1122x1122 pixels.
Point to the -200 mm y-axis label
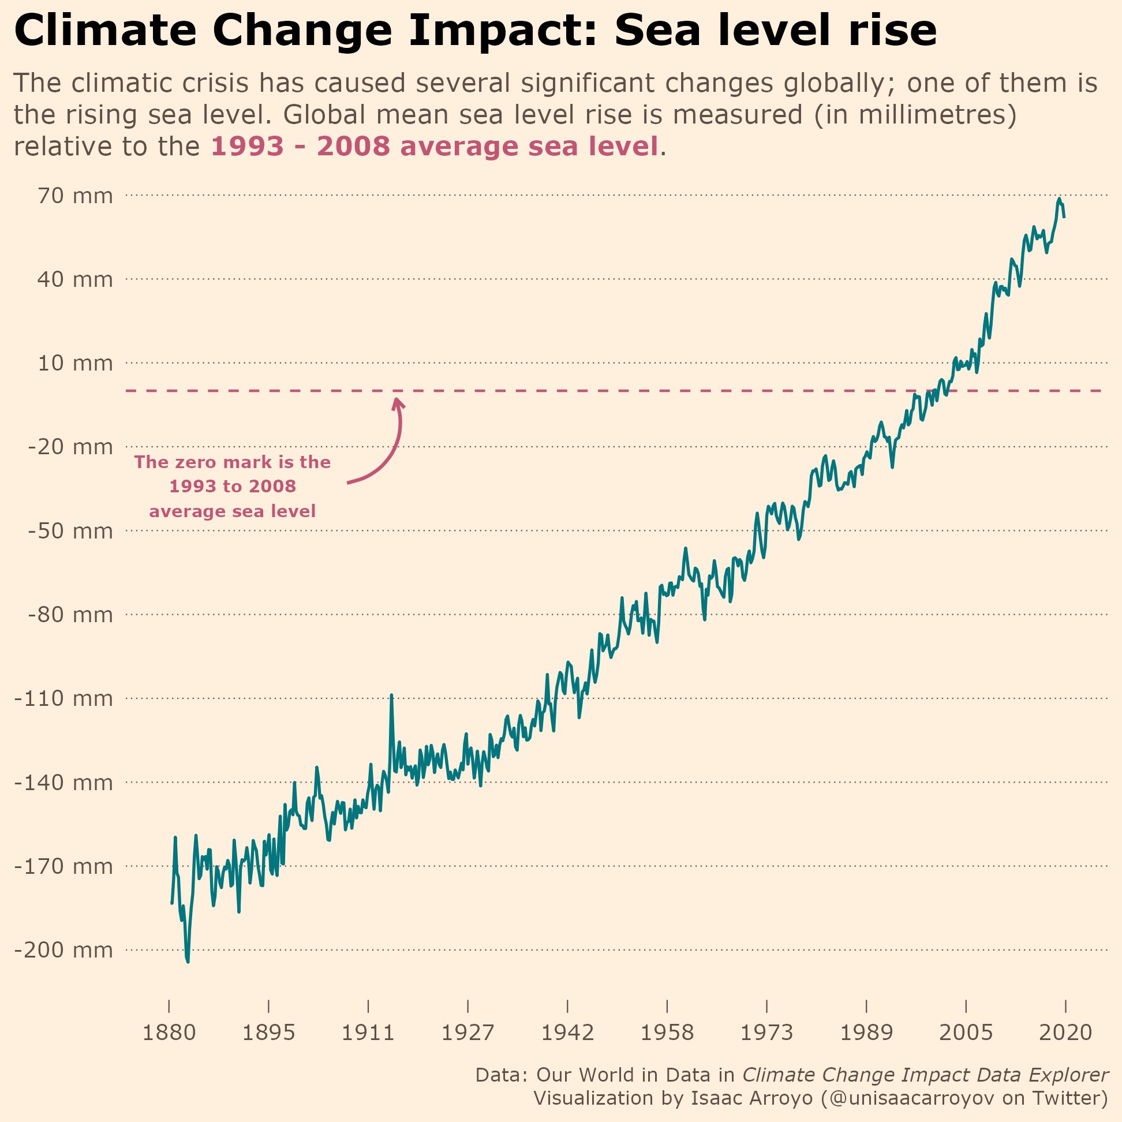(63, 950)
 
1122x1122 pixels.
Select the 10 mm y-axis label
(75, 364)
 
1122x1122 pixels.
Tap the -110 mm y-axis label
(63, 698)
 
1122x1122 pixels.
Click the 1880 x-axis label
(169, 1033)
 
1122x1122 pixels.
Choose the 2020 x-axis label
(1065, 1033)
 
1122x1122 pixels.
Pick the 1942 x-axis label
(567, 1033)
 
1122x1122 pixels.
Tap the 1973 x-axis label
(766, 1033)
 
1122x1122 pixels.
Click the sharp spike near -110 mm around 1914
(392, 695)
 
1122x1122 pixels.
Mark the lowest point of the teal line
(188, 961)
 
